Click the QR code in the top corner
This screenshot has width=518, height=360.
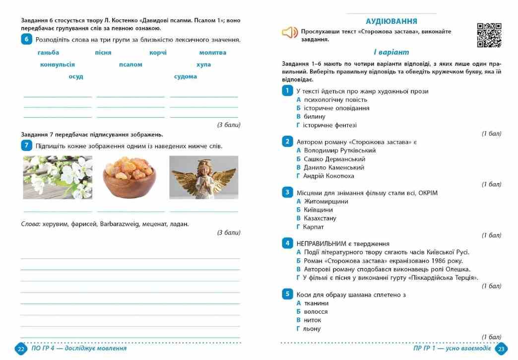pyautogui.click(x=489, y=35)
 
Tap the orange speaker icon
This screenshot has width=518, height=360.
pyautogui.click(x=289, y=33)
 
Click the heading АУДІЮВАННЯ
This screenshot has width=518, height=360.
pyautogui.click(x=391, y=21)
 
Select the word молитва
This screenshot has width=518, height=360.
pyautogui.click(x=213, y=53)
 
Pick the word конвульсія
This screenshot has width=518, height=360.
pyautogui.click(x=58, y=65)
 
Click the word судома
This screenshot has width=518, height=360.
pyautogui.click(x=186, y=76)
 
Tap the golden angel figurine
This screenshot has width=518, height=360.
pyautogui.click(x=203, y=177)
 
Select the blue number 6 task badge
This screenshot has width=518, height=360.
pyautogui.click(x=27, y=40)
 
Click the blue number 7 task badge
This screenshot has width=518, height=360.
pyautogui.click(x=27, y=145)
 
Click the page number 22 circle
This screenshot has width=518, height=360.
pyautogui.click(x=21, y=349)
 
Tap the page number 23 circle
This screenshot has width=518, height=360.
pyautogui.click(x=501, y=349)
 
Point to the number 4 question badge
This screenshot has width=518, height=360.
pyautogui.click(x=287, y=243)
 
